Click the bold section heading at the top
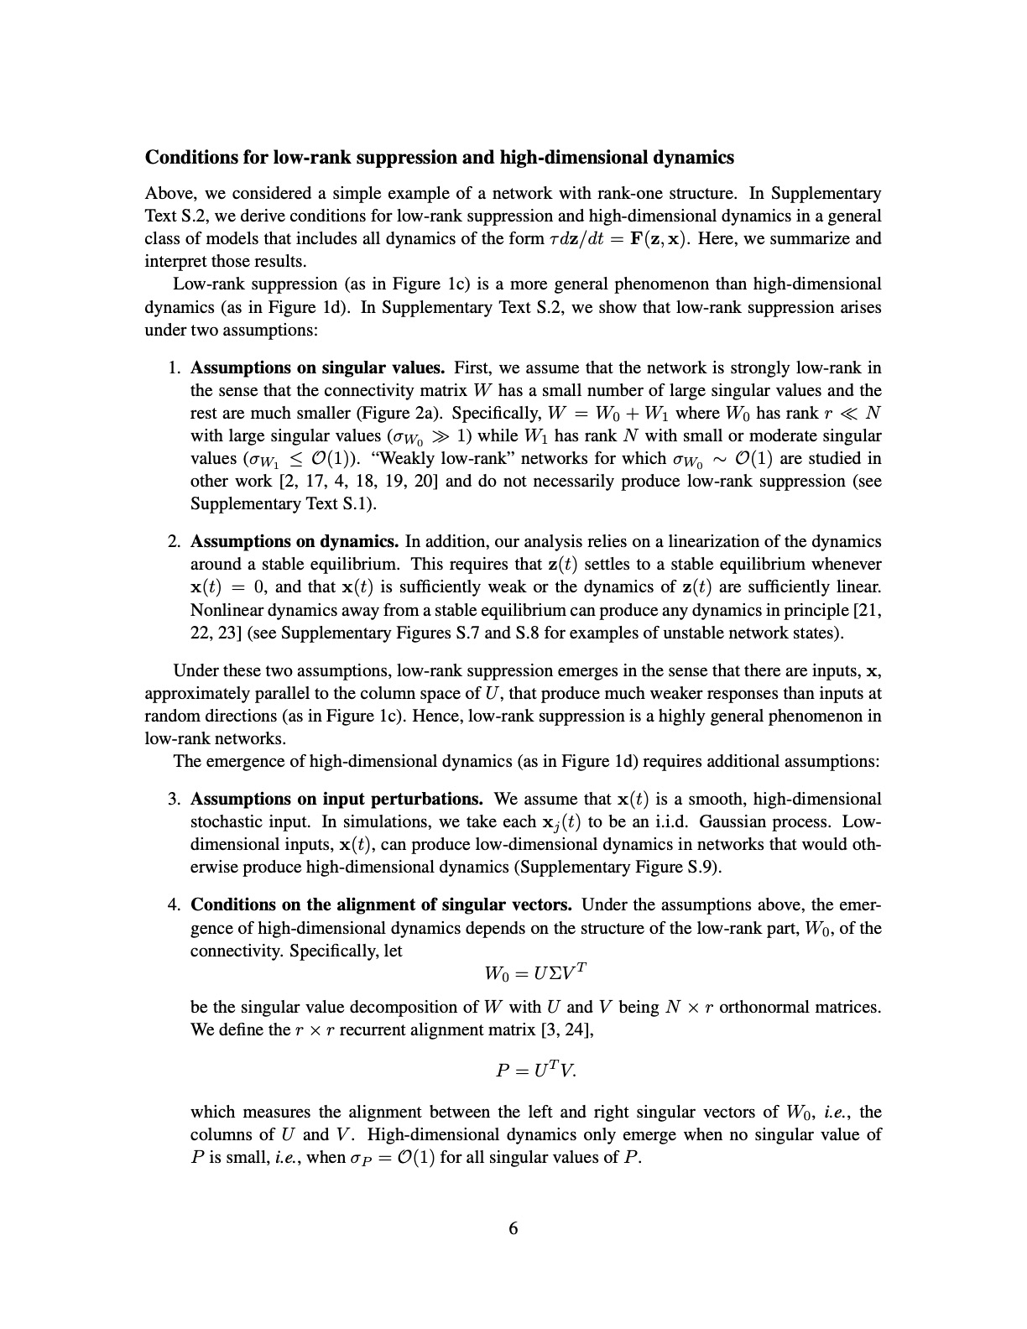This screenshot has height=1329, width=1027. [x=440, y=158]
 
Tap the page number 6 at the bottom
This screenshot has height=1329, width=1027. [x=513, y=1228]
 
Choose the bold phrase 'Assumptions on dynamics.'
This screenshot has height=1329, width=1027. [x=295, y=541]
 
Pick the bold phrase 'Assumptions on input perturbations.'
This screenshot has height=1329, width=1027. [x=336, y=799]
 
